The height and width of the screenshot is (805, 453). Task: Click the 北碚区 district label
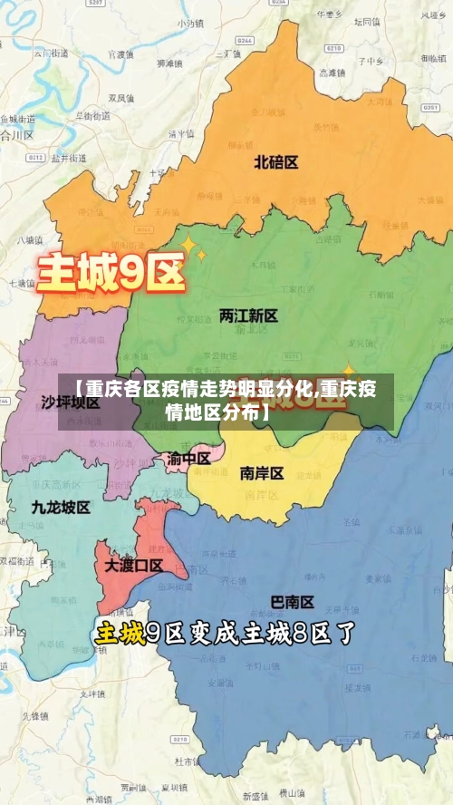click(276, 162)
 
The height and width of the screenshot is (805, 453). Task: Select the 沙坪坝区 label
click(71, 401)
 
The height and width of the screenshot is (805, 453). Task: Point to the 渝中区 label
click(188, 458)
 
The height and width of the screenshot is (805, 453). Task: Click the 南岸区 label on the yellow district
click(262, 473)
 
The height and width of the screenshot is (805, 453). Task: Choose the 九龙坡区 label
click(61, 508)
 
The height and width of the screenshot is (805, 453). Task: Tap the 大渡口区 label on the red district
click(133, 566)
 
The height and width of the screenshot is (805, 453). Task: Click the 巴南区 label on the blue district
click(293, 602)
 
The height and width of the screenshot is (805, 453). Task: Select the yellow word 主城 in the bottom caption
click(120, 634)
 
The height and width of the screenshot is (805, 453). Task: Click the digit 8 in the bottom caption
click(304, 634)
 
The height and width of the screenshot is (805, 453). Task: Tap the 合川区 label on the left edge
click(16, 135)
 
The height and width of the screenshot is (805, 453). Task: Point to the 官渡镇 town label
click(119, 54)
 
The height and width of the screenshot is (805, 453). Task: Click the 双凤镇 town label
click(121, 97)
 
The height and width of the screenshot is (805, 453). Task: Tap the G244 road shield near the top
click(243, 42)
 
